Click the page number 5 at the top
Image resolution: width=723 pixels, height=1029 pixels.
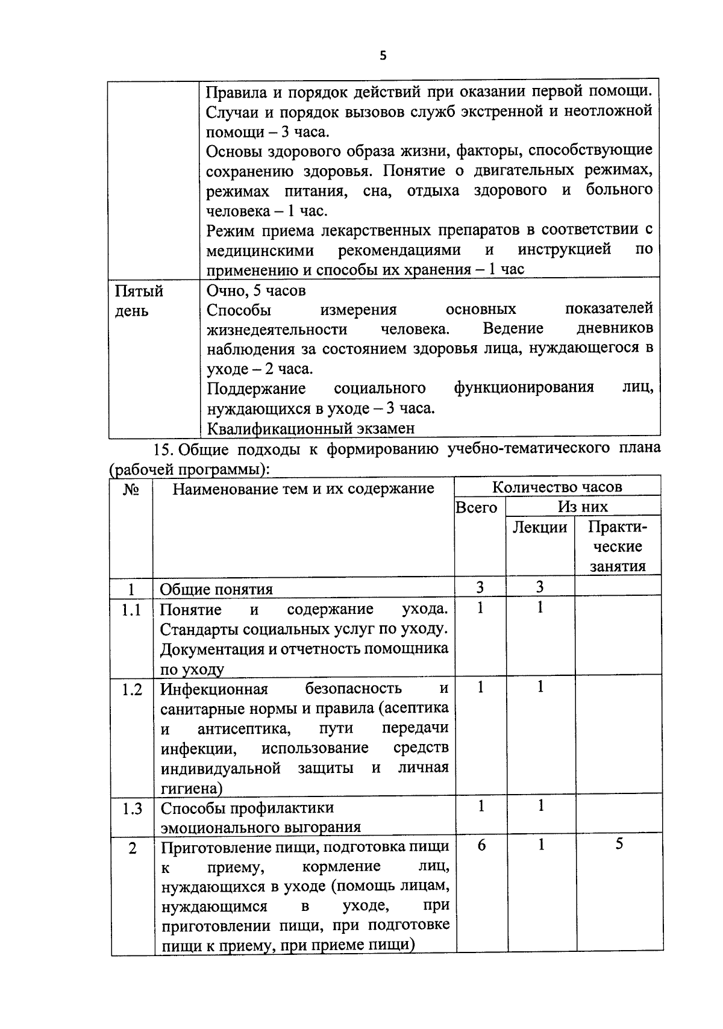coord(383,56)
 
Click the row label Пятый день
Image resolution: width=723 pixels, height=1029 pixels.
coord(139,301)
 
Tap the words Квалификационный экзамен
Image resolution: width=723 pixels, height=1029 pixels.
coord(310,428)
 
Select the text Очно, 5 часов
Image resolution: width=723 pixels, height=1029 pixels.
coord(256,290)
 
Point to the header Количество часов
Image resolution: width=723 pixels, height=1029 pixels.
coord(557,487)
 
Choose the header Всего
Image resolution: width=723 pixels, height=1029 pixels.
coord(476,507)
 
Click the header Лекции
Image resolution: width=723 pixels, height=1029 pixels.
coord(540,527)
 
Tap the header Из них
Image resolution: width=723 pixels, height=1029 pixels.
coord(583,507)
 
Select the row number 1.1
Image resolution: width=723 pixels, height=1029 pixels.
coord(131,610)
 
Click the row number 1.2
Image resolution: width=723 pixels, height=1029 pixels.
coord(131,689)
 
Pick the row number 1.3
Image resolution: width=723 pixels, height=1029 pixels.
coord(131,808)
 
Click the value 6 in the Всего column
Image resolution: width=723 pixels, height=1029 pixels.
coord(481,845)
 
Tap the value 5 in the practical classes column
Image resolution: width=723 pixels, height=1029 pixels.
coord(619,844)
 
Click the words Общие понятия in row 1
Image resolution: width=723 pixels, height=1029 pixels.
coord(216,589)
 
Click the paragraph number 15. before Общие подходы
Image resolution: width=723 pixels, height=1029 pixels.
coord(163,449)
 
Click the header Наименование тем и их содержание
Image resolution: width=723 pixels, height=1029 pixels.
coord(303,488)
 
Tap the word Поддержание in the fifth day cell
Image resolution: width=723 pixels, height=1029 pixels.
coord(256,388)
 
